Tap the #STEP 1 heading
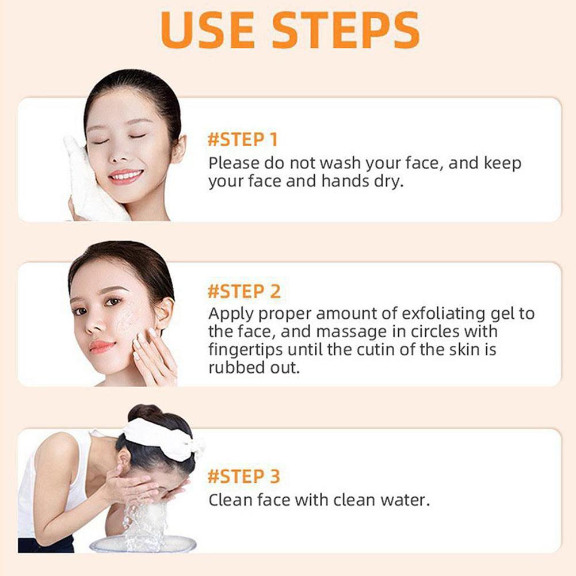242,139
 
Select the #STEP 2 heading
244,291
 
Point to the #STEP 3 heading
243,476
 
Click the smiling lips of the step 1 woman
125,176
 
